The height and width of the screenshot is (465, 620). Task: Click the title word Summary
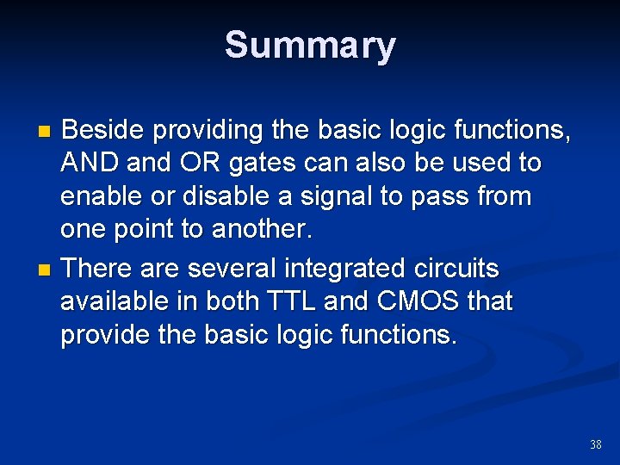click(310, 45)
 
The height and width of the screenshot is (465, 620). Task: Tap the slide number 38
click(596, 444)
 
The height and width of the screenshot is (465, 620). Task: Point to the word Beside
click(104, 130)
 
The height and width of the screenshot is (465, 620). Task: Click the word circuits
click(458, 269)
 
